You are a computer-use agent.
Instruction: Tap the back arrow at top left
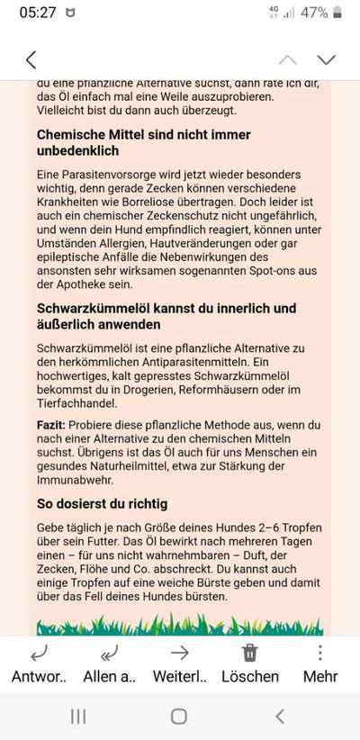tap(31, 60)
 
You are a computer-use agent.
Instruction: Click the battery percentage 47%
tap(313, 14)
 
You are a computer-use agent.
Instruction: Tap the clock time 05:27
tap(37, 14)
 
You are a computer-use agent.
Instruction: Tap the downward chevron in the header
tap(326, 60)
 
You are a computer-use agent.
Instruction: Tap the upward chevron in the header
tap(287, 60)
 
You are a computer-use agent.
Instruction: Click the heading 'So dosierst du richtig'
tap(102, 503)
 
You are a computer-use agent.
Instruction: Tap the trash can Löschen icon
tap(250, 653)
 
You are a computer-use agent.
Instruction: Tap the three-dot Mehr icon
tap(320, 652)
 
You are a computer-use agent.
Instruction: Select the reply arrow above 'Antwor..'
tap(39, 653)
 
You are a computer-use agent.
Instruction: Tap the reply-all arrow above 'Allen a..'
tap(108, 653)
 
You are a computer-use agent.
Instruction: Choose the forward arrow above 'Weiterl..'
tap(179, 653)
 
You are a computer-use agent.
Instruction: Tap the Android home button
tap(179, 716)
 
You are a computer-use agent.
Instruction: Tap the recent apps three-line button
tap(79, 716)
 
